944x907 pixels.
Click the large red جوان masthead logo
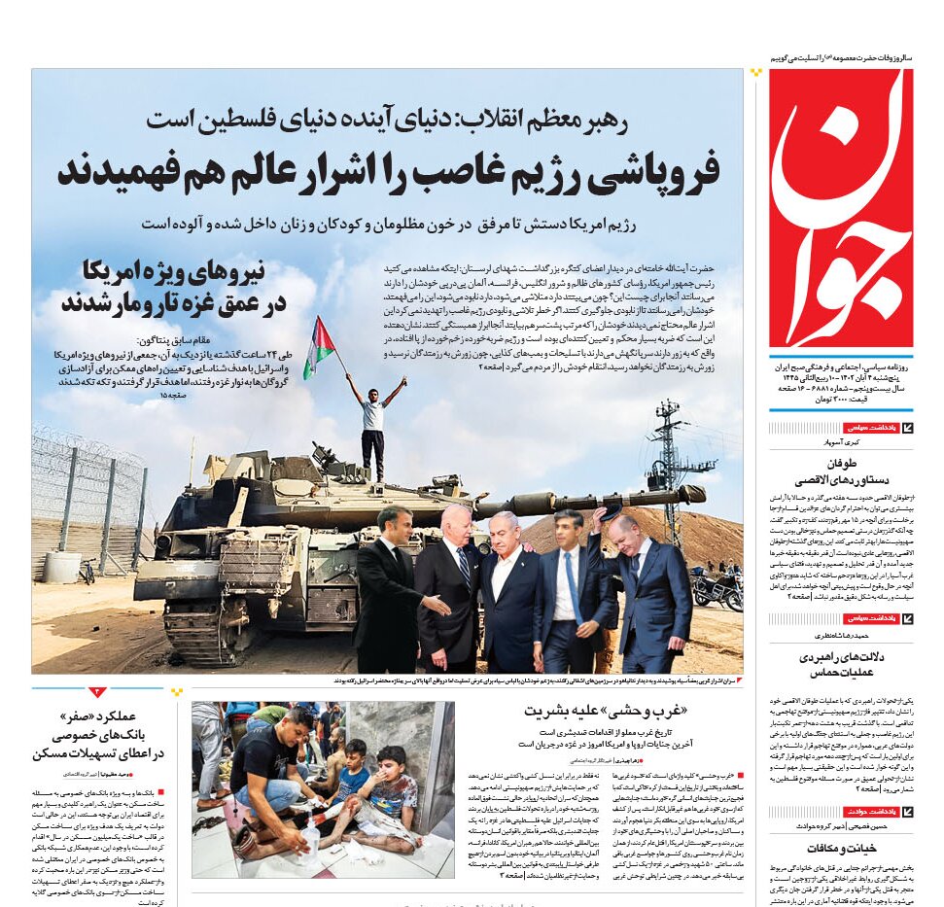840,208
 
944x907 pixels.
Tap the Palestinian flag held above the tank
319,346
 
